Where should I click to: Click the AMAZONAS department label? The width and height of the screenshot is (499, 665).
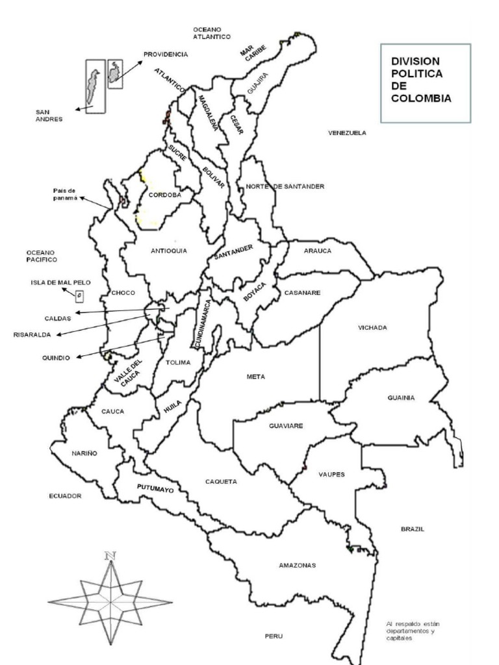tap(297, 566)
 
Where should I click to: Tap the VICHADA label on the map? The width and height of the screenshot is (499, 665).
tap(372, 328)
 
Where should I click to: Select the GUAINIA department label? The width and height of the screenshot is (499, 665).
tap(401, 398)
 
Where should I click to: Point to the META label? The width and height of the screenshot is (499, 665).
tap(256, 377)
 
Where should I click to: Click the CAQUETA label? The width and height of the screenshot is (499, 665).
tap(221, 482)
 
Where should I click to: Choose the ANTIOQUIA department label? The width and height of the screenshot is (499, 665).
tap(169, 251)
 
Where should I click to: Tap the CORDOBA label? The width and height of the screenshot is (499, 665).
tap(164, 195)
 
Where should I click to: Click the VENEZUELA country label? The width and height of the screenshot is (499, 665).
tap(347, 133)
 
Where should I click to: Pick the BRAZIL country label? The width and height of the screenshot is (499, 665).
tap(412, 529)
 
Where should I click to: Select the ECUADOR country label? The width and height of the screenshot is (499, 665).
tap(65, 496)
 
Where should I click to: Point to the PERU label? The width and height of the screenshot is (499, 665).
tap(274, 636)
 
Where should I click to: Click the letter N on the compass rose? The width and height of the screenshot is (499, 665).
tap(110, 556)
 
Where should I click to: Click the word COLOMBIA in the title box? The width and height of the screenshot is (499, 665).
tap(420, 98)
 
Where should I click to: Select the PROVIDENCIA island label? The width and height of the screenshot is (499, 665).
tap(166, 55)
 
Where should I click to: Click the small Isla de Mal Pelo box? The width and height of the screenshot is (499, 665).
tap(79, 296)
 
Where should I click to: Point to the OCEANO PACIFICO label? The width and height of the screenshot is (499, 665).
tap(42, 256)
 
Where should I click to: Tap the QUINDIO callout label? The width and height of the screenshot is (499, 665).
tap(56, 357)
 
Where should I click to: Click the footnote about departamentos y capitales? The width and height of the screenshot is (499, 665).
tap(413, 631)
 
